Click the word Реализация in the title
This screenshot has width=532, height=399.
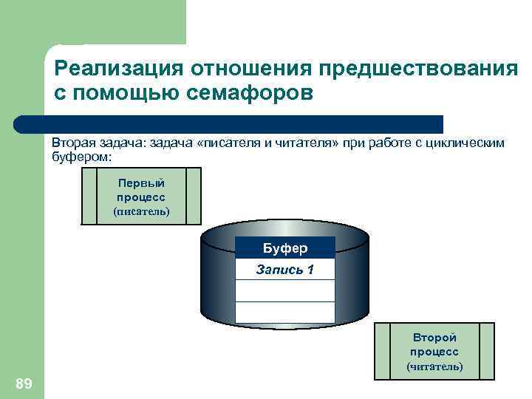[119, 69]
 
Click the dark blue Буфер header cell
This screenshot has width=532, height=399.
[285, 248]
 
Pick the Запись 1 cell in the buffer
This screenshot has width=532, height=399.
[285, 270]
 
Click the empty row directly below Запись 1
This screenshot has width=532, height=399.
[285, 290]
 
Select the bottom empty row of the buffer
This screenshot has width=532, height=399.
[285, 312]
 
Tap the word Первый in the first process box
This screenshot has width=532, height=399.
[140, 183]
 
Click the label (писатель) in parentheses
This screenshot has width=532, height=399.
[140, 211]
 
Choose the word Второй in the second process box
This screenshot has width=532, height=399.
[434, 338]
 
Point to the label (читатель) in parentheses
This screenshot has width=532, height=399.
[434, 366]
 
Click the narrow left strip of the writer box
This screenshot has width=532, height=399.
[89, 195]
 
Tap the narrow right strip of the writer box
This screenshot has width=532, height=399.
[193, 195]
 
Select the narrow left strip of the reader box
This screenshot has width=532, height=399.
[382, 351]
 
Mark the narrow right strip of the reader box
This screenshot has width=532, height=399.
[487, 351]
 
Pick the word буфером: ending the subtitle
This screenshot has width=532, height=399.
[81, 157]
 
